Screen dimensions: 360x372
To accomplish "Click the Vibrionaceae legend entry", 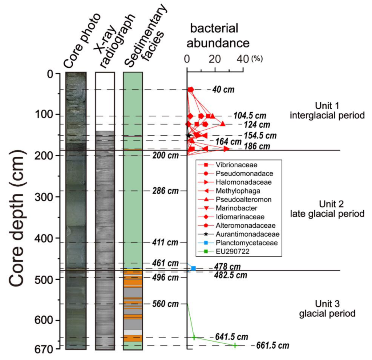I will [236, 165].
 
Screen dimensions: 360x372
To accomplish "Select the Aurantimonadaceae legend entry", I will [247, 234].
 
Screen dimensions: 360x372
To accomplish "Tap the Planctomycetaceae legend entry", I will [246, 243].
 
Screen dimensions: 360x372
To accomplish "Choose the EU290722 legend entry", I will [232, 251].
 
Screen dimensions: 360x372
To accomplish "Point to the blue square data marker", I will [193, 268].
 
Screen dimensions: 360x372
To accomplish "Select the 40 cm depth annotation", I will [223, 90].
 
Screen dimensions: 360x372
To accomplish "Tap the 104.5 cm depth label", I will [249, 116].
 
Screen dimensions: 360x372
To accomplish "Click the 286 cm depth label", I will [166, 191].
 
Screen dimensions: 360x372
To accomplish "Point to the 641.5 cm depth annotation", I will [232, 337].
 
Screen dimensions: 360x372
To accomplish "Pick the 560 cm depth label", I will [166, 304].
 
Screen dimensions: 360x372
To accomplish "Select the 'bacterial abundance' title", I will [218, 35].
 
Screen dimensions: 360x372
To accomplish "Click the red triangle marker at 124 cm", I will [223, 124].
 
